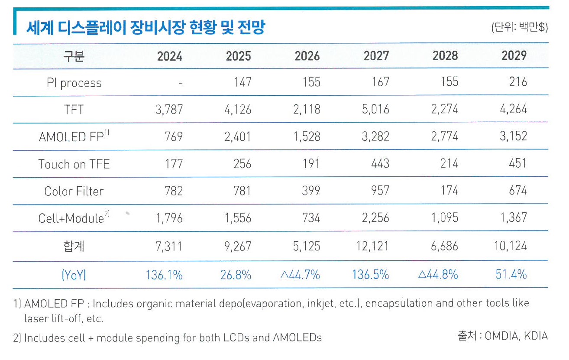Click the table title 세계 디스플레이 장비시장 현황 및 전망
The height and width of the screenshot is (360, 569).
click(x=145, y=28)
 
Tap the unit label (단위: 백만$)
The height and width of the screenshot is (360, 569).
click(x=519, y=28)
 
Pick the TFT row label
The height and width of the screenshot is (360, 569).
click(x=74, y=110)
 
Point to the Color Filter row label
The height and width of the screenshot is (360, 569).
click(x=74, y=191)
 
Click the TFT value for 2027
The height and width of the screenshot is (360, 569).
click(x=376, y=109)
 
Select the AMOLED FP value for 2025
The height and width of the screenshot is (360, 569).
click(x=238, y=136)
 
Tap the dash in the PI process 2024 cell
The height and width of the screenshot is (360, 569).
click(x=180, y=83)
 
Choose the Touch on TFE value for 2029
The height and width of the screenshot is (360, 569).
click(x=518, y=164)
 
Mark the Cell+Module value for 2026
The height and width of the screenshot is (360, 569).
click(x=311, y=218)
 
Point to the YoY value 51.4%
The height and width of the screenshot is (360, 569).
click(x=511, y=274)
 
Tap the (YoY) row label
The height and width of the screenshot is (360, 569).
click(x=74, y=275)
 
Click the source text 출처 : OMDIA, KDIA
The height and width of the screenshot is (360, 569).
click(x=502, y=336)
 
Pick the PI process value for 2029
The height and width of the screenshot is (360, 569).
click(x=518, y=82)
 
